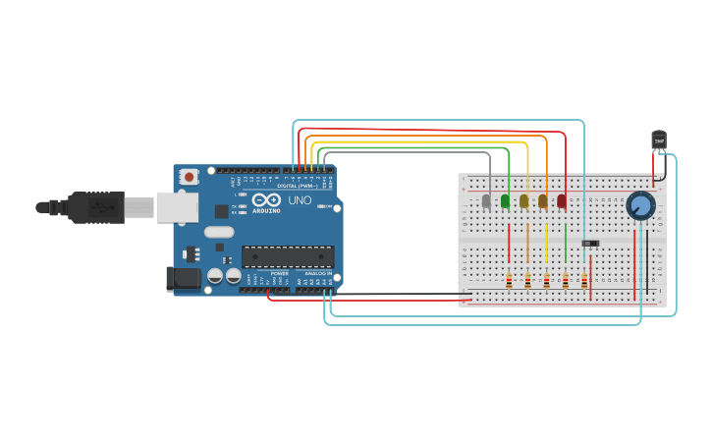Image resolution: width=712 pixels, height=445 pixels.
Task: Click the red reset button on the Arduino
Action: (189, 177)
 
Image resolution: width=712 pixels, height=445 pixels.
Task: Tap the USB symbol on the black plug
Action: (100, 207)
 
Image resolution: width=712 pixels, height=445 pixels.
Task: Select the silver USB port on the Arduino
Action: (177, 206)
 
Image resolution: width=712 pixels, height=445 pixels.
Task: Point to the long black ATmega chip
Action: (288, 256)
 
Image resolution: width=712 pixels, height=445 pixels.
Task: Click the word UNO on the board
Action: (300, 200)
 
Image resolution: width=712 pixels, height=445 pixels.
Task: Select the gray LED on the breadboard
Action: (486, 201)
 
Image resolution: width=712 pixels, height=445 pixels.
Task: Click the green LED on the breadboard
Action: (506, 201)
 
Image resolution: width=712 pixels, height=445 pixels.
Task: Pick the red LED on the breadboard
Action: (562, 201)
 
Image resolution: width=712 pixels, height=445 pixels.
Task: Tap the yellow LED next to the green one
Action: (524, 201)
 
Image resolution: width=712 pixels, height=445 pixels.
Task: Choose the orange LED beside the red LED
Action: (543, 201)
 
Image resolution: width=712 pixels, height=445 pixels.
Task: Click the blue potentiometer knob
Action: (640, 205)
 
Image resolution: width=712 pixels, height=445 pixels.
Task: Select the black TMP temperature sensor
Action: (659, 140)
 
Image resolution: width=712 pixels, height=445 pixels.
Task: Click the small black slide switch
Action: (590, 243)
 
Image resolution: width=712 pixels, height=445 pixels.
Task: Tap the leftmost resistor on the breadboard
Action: (509, 281)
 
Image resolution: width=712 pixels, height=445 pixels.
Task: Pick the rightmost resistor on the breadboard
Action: (584, 281)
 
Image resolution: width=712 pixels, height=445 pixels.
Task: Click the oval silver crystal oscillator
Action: (219, 233)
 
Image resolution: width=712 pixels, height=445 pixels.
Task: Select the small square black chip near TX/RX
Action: (222, 210)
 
